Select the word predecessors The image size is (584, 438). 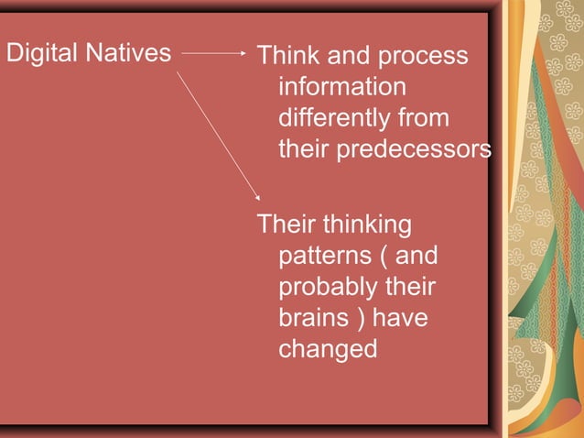point(415,149)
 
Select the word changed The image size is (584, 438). point(328,349)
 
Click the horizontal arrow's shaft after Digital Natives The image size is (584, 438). point(210,53)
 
